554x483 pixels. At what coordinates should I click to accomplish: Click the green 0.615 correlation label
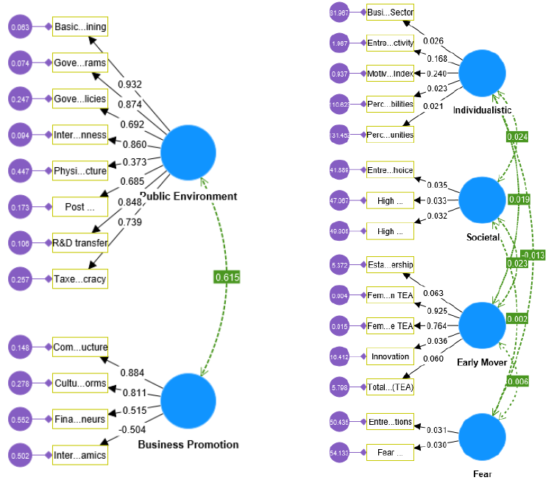[x=227, y=277]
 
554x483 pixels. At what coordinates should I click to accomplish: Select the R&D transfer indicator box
[x=80, y=241]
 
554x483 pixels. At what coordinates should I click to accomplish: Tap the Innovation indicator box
[x=391, y=356]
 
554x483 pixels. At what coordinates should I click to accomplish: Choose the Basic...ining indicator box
[x=80, y=27]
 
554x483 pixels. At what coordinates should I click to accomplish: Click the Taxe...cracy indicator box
[x=80, y=278]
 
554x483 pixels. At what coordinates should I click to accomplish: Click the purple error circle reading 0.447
[x=21, y=171]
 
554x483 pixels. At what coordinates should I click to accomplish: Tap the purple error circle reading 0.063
[x=21, y=27]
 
